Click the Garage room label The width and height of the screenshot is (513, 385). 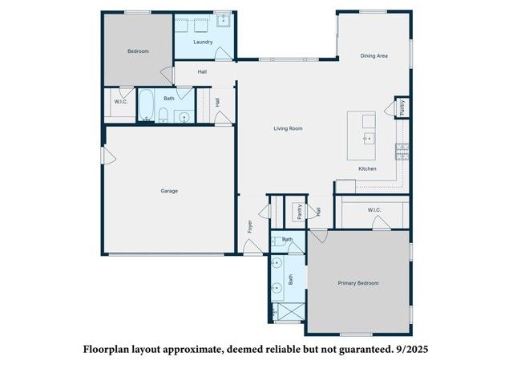(169, 191)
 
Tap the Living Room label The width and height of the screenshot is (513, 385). (288, 128)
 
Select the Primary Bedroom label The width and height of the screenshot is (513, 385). (358, 283)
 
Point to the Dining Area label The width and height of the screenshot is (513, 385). (374, 55)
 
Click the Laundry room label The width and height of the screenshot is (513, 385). (203, 42)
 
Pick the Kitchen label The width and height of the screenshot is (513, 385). (367, 168)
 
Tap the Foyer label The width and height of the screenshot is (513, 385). (250, 226)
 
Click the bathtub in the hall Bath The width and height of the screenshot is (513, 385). (146, 105)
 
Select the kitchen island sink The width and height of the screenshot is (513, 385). (369, 139)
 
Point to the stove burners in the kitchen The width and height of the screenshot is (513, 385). (402, 152)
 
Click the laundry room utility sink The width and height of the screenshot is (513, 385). (224, 21)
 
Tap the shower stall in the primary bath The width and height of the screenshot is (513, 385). (289, 312)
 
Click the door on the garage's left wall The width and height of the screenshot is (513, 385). (109, 156)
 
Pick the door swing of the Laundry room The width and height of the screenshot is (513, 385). (223, 53)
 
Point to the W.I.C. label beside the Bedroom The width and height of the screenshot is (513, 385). (121, 102)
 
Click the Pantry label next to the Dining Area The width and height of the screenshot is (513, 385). (402, 107)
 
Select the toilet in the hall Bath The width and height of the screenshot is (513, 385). (163, 115)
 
